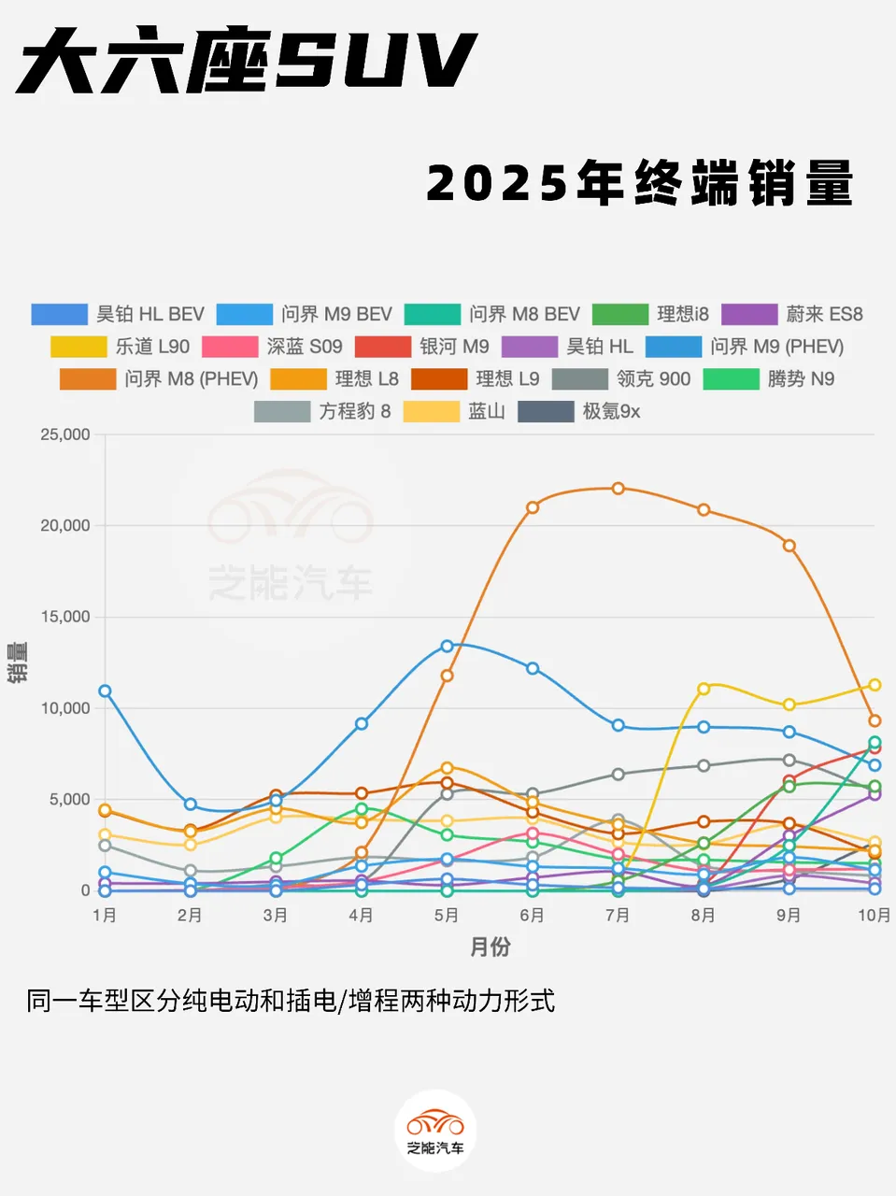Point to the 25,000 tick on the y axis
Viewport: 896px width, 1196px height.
65,434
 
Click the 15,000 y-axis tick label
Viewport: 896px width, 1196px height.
65,617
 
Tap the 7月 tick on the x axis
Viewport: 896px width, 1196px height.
618,916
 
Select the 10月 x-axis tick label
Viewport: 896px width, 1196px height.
874,916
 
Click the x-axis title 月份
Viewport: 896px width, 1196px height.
490,947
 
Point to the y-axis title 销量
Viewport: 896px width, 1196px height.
18,662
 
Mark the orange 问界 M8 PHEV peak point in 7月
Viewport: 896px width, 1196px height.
618,489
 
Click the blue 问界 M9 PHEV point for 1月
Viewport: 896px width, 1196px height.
105,691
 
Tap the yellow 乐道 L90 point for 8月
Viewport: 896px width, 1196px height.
704,689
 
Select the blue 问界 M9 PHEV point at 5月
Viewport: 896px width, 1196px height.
447,647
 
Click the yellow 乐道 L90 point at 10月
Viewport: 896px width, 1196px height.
875,685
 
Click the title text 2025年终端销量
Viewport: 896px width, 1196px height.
640,182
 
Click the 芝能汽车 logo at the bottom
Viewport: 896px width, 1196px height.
435,1131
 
